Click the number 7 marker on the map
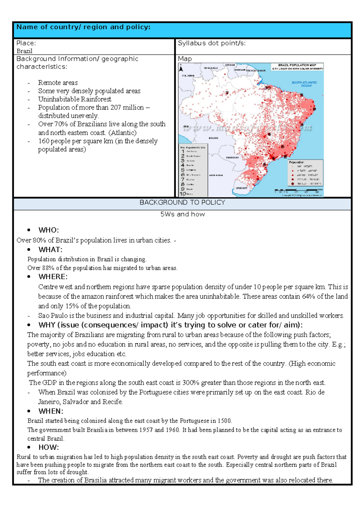point(227,93)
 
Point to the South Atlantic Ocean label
point(304,84)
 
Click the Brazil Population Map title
point(297,65)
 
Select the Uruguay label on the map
point(241,188)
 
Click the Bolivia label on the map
point(214,138)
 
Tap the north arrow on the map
point(181,69)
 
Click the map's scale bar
point(298,190)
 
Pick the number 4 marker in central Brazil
point(269,134)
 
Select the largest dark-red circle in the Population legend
point(292,183)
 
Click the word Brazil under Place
point(24,51)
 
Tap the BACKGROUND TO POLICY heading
point(182,203)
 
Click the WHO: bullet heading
point(49,230)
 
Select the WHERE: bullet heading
point(53,277)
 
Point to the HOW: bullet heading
point(49,447)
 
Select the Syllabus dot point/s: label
point(212,43)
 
